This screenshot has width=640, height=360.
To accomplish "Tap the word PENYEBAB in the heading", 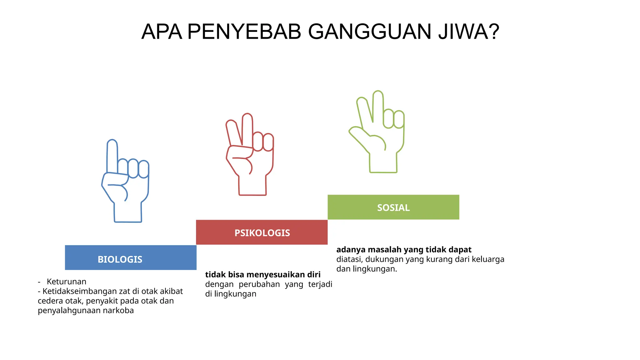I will click(x=244, y=32).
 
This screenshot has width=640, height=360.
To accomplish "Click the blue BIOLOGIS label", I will click(x=120, y=259).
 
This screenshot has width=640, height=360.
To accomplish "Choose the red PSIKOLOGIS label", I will click(x=262, y=233).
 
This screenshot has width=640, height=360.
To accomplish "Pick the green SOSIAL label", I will click(x=393, y=207).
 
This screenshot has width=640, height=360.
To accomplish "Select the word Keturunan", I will click(x=66, y=282).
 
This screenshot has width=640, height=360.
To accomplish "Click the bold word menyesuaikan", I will click(x=275, y=274).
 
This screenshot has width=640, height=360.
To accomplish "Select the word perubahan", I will click(x=259, y=284).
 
